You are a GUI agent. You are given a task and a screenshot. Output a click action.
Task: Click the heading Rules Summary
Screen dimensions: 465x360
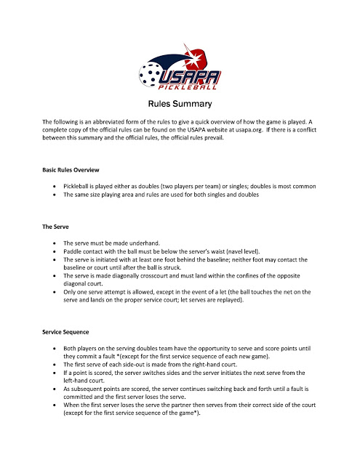pyautogui.click(x=180, y=104)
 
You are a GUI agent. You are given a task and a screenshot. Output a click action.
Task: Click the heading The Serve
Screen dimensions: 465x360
pyautogui.click(x=57, y=227)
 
